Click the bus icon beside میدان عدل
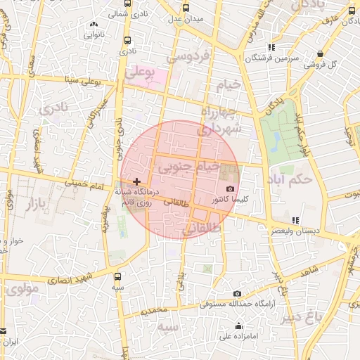pos(186,8)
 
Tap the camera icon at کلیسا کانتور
pos(231,189)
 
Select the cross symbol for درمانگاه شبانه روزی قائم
pos(136,182)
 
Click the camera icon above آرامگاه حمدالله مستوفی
pos(237,293)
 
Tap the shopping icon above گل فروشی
pos(321,53)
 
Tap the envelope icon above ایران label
pos(4,330)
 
